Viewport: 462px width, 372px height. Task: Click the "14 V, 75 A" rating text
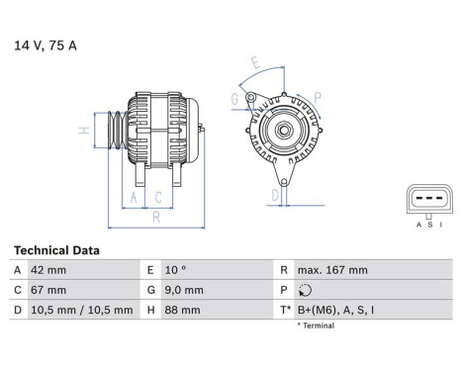pos(46,46)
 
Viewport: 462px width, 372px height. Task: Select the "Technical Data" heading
pos(55,250)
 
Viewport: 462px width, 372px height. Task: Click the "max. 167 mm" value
pos(333,270)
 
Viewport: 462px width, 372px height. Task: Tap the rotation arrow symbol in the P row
pos(303,290)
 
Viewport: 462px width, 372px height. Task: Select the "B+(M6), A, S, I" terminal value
pos(337,310)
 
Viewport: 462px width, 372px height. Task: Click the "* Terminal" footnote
pos(316,325)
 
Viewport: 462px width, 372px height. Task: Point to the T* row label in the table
pos(285,310)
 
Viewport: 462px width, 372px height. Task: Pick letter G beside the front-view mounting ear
pos(234,99)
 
